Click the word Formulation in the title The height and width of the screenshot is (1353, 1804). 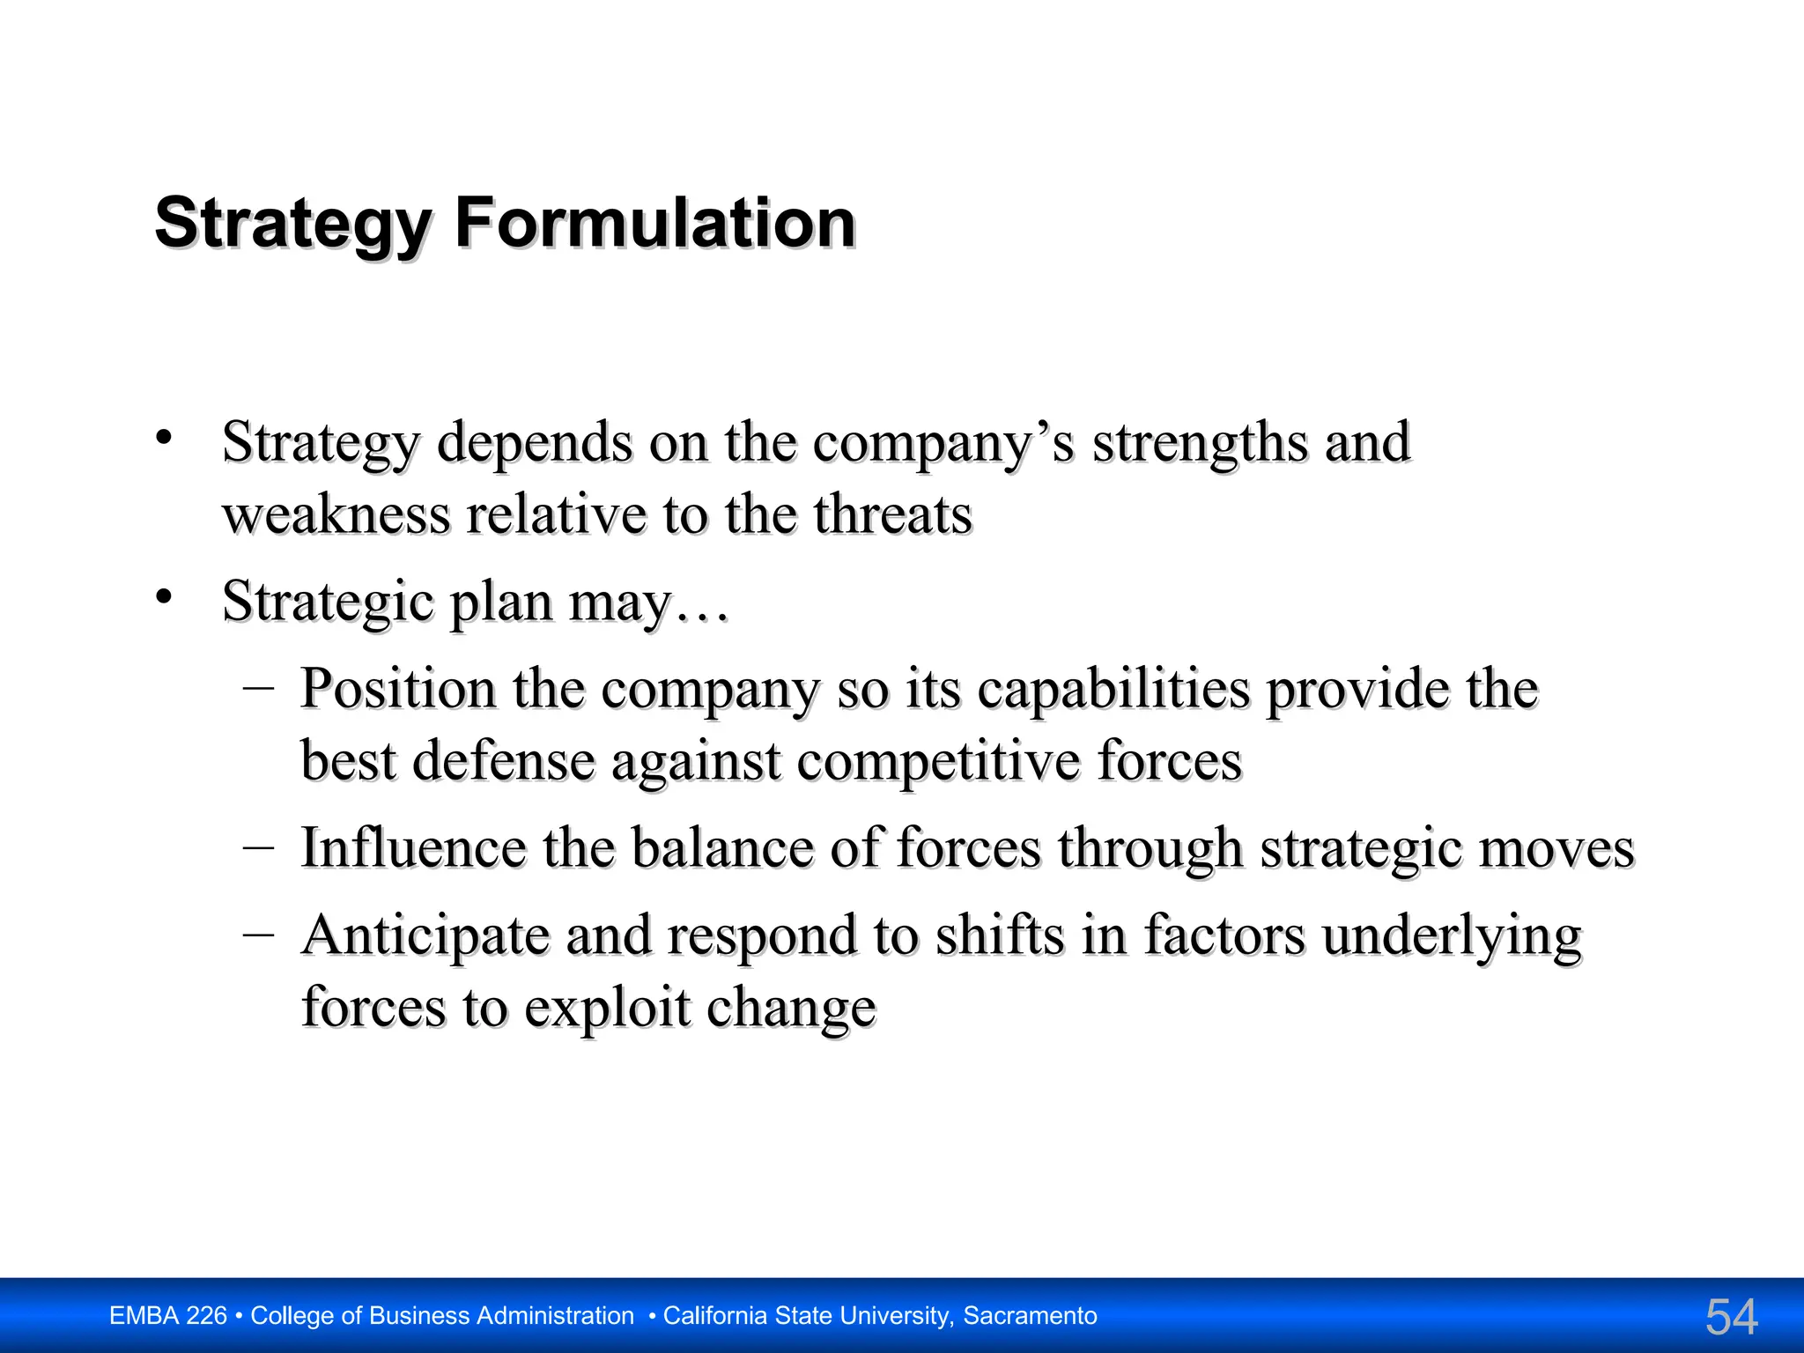[x=654, y=223]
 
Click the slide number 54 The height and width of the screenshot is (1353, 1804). [x=1732, y=1317]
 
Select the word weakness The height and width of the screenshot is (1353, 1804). [x=336, y=514]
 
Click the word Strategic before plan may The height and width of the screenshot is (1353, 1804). [x=328, y=603]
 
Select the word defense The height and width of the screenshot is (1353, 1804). [x=503, y=760]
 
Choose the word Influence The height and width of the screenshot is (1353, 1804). [x=413, y=847]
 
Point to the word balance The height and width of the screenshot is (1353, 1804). [x=721, y=847]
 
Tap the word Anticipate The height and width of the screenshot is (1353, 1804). [x=425, y=935]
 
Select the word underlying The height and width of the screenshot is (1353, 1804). [x=1452, y=937]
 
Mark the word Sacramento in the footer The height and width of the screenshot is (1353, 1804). [x=1030, y=1316]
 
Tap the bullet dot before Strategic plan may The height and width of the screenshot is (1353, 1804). [x=163, y=596]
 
